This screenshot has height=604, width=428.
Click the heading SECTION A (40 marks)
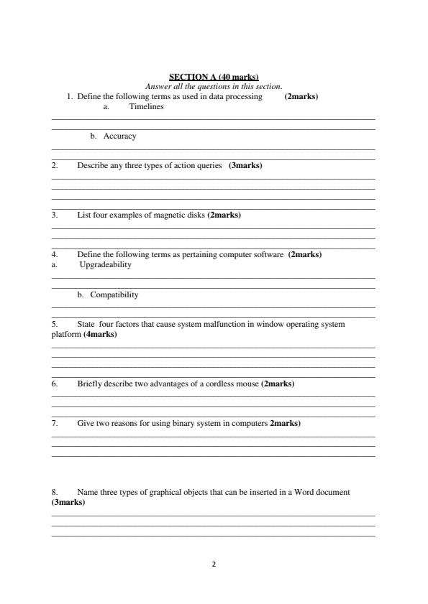[214, 77]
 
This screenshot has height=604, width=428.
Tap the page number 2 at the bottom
[214, 564]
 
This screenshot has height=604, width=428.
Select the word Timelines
[146, 106]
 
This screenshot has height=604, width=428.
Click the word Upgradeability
[105, 264]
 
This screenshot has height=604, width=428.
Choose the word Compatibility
[114, 294]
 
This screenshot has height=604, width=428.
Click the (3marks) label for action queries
[245, 165]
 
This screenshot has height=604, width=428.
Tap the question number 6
[55, 384]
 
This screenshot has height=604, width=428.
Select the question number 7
[55, 423]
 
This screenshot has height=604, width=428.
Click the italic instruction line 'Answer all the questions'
[214, 86]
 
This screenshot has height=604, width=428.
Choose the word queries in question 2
[209, 165]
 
